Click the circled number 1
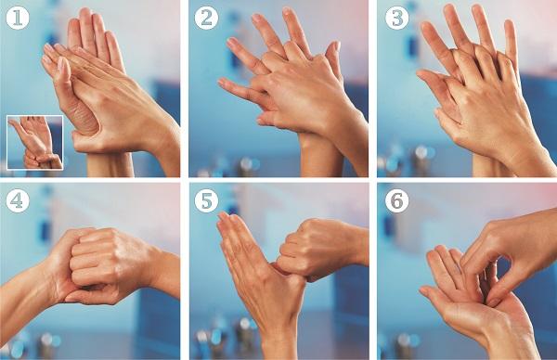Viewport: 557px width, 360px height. [18, 19]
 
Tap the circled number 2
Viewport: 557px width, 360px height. [206, 19]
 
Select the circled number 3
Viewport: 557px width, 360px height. [396, 19]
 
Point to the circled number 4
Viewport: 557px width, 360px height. [18, 201]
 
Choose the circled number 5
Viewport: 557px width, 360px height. [206, 201]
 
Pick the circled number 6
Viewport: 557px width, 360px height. [396, 201]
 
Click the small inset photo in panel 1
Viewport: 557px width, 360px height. [35, 142]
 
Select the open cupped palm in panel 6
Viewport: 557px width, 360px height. [473, 302]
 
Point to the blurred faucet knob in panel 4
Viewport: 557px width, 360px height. [47, 341]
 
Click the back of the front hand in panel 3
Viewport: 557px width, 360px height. [490, 107]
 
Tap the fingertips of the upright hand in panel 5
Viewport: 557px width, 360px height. [227, 221]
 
